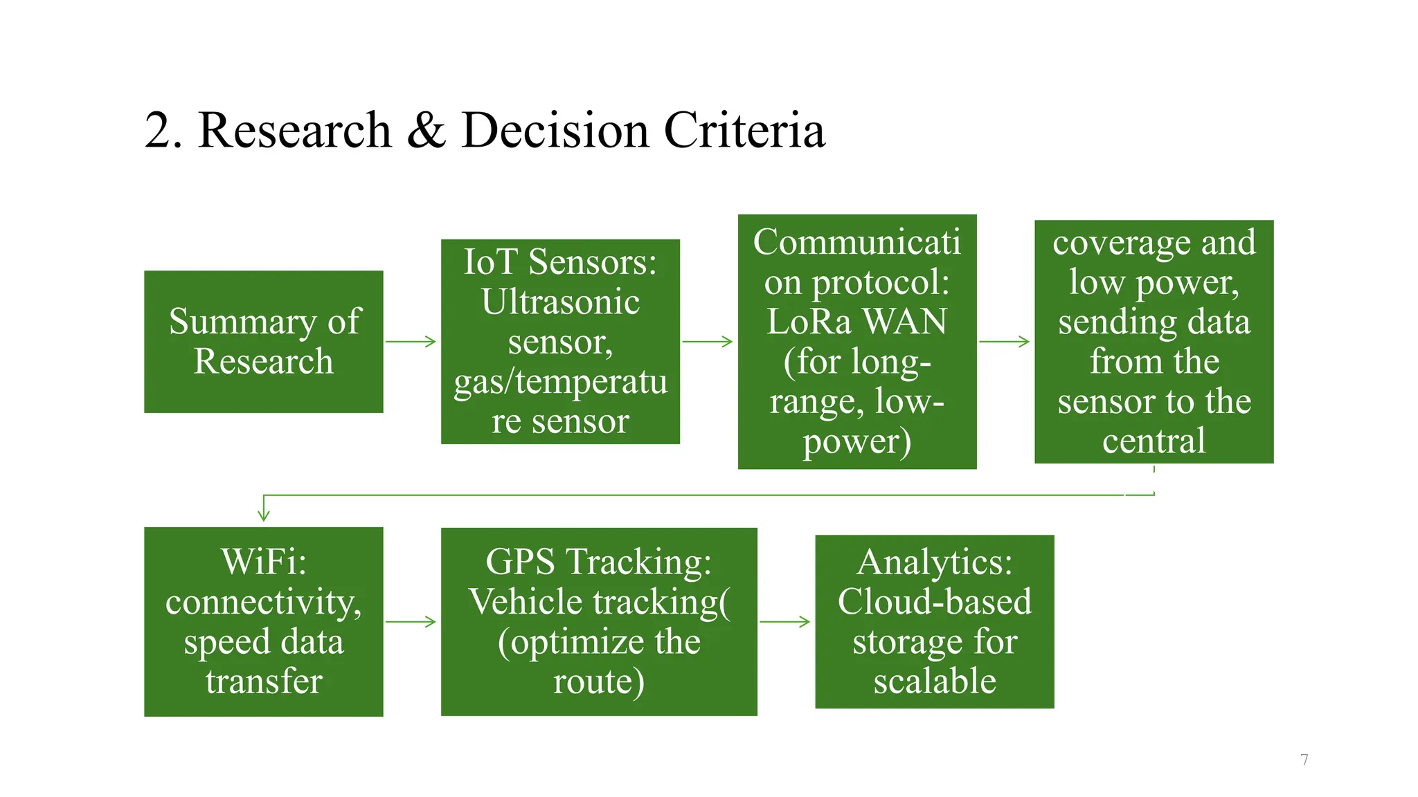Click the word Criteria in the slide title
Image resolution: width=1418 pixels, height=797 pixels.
point(744,130)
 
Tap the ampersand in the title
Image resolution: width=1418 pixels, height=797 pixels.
point(426,130)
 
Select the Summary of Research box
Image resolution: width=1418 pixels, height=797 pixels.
point(263,342)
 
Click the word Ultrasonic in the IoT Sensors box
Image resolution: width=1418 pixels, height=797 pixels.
point(560,302)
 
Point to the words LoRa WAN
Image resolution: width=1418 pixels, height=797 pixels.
point(856,322)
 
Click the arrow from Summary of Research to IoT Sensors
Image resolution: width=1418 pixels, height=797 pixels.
point(411,341)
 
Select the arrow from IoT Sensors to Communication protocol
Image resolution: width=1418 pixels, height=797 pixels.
point(708,341)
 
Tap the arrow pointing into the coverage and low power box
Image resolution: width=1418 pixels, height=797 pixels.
point(1005,341)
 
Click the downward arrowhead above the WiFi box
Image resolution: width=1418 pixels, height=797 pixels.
point(263,515)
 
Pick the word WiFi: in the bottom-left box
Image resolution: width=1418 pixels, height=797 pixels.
point(264,561)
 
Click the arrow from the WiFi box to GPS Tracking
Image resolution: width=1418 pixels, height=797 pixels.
point(411,622)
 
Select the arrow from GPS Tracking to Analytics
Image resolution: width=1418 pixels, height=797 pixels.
point(785,622)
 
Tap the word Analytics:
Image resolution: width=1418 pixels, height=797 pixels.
point(935,562)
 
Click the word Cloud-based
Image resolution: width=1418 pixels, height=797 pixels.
point(935,601)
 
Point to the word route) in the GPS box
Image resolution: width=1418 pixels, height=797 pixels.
point(599,681)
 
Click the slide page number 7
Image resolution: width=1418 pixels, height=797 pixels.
point(1304,760)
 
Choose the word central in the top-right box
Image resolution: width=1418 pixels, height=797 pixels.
point(1154,441)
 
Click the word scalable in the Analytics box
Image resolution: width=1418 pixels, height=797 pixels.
point(935,681)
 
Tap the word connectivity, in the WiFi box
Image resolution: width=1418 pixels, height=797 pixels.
point(264,602)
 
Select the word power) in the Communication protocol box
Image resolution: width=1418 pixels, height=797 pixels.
point(856,442)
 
